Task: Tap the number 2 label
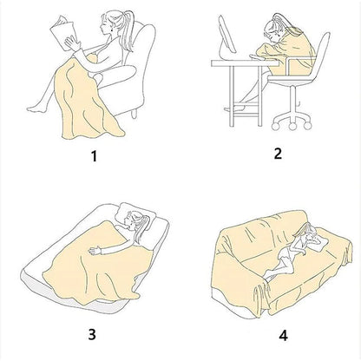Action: [278, 154]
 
